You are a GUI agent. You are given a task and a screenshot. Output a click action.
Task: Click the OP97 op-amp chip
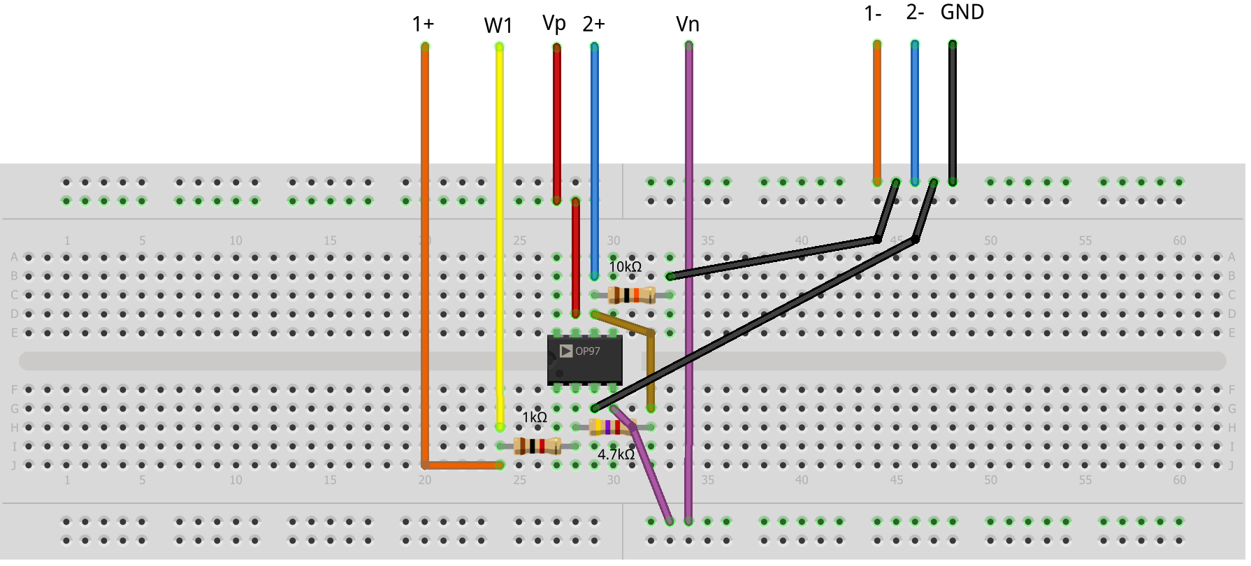584,360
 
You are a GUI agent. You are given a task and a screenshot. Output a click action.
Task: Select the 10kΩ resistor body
631,295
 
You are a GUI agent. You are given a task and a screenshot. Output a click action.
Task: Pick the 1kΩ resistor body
537,446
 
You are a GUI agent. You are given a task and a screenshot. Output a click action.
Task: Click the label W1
498,26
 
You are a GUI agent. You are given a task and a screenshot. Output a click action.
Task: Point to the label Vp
554,23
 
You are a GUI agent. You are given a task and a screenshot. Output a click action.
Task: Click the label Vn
688,24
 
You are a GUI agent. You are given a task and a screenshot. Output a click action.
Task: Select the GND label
962,12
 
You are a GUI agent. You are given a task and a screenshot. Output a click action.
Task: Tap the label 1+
423,24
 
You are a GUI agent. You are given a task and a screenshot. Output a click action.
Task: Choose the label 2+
593,24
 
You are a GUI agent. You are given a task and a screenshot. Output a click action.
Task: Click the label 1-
873,13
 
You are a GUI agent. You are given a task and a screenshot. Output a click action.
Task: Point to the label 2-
915,12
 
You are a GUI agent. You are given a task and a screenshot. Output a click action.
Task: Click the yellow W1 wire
500,210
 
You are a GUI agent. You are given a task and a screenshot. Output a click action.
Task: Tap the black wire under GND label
952,112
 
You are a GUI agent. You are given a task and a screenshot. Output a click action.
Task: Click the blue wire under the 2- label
915,112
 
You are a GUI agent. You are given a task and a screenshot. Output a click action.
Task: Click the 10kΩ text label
625,267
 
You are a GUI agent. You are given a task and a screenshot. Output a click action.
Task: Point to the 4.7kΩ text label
616,455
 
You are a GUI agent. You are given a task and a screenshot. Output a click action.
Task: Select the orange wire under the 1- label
877,112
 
